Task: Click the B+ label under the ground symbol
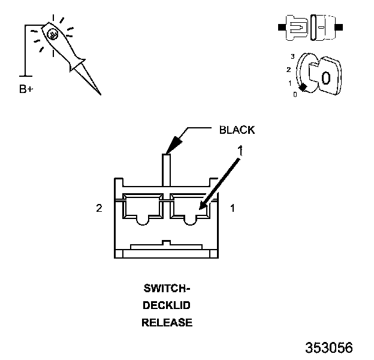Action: pyautogui.click(x=26, y=89)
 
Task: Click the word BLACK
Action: pyautogui.click(x=237, y=130)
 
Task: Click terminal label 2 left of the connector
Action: pyautogui.click(x=99, y=208)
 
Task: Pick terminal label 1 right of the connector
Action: pyautogui.click(x=233, y=208)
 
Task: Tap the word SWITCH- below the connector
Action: pyautogui.click(x=167, y=287)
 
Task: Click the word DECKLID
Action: pyautogui.click(x=167, y=305)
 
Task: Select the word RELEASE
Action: pyautogui.click(x=167, y=323)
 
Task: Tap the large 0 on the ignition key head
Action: pyautogui.click(x=325, y=77)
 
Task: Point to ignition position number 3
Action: pyautogui.click(x=292, y=56)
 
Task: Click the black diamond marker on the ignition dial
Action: pyautogui.click(x=303, y=88)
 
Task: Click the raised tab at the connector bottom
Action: pyautogui.click(x=167, y=244)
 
